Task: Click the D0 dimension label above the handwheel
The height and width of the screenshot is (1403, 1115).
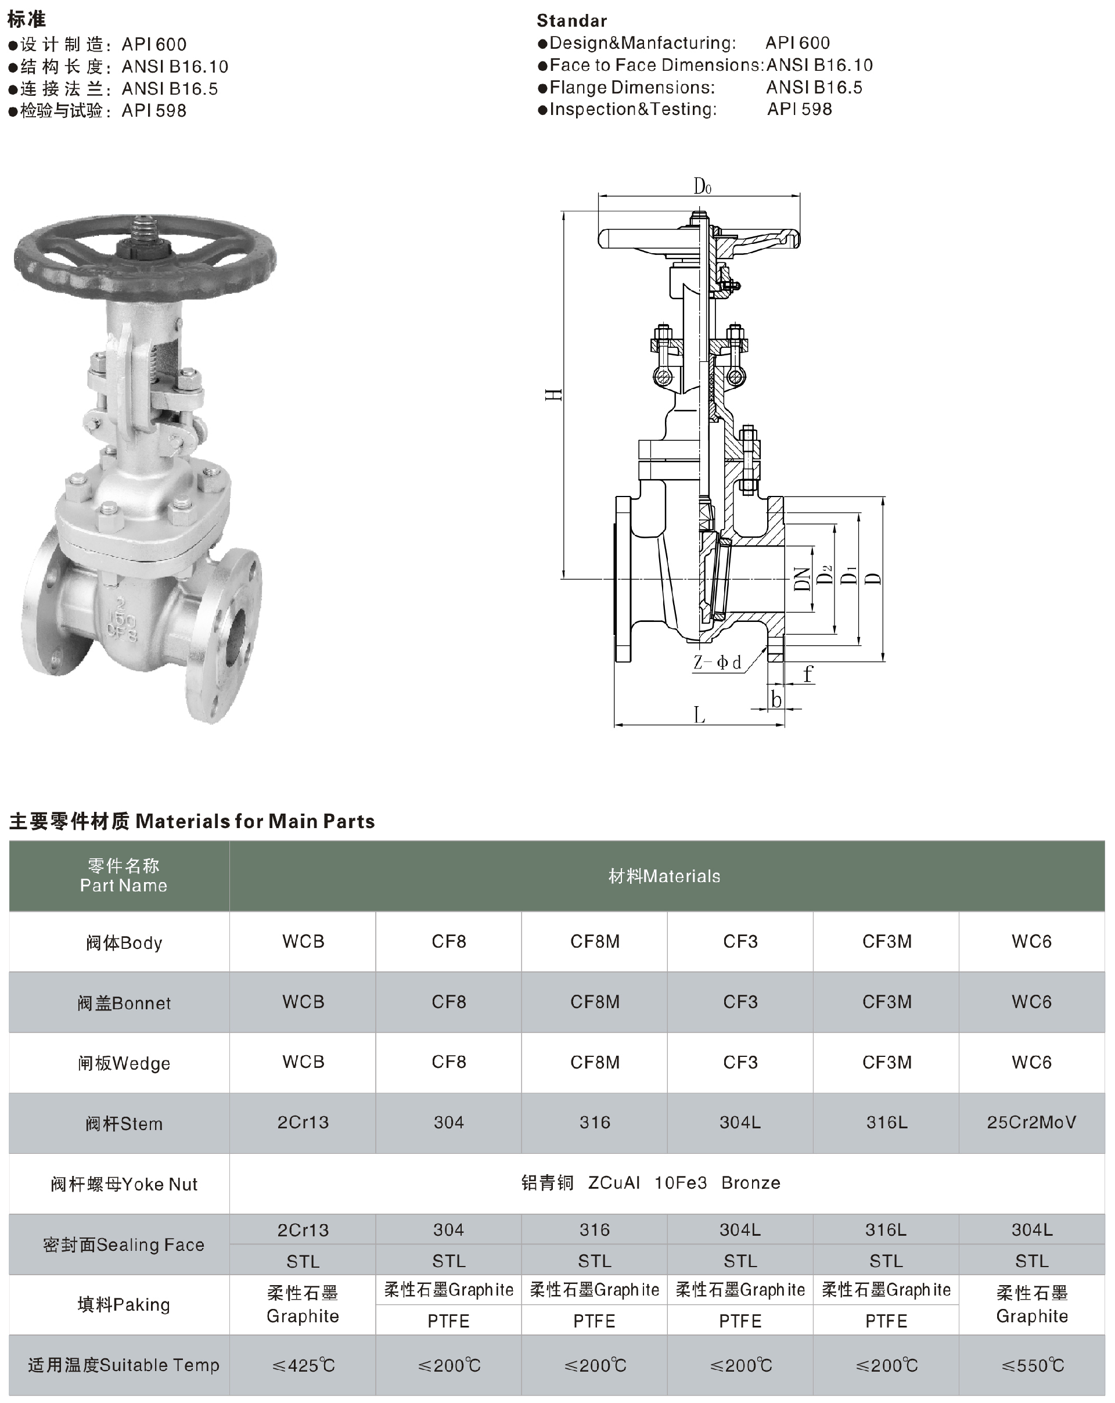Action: tap(702, 187)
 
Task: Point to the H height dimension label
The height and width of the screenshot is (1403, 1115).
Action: tap(553, 394)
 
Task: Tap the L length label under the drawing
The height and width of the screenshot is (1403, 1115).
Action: tap(699, 715)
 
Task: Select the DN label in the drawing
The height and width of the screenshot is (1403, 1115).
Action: tap(803, 578)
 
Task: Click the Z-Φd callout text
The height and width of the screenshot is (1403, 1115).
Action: tap(717, 663)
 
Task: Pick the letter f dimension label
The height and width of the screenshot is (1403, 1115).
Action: tap(808, 673)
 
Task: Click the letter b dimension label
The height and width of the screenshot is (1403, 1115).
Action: tap(776, 699)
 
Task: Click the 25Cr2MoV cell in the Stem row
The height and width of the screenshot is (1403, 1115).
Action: tap(1032, 1122)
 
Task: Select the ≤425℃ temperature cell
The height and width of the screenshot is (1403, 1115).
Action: tap(303, 1365)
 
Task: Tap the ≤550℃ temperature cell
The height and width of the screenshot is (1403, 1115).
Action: tap(1033, 1365)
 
